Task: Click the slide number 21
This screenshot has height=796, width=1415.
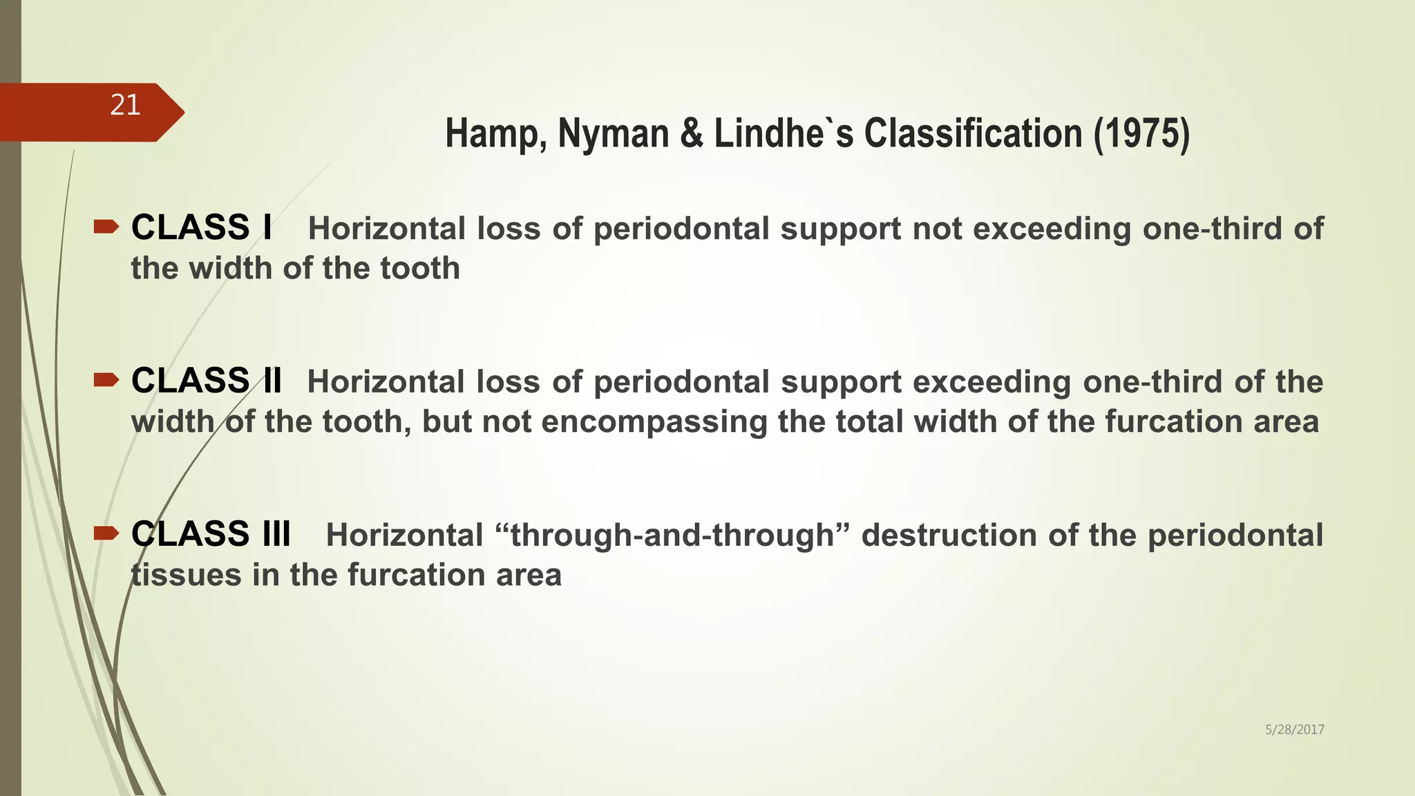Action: [x=125, y=105]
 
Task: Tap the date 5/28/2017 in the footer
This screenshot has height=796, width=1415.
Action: [x=1294, y=730]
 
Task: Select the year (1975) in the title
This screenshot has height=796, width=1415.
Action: [x=1141, y=133]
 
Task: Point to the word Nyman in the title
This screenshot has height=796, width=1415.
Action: [x=613, y=133]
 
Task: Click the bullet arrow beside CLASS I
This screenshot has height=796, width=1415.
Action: [x=106, y=227]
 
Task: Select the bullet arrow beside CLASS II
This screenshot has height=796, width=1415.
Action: [x=106, y=379]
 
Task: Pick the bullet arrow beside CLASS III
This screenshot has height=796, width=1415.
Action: [x=106, y=532]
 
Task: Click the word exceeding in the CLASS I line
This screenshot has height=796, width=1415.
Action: [x=1052, y=229]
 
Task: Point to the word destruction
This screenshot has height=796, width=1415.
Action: [x=949, y=536]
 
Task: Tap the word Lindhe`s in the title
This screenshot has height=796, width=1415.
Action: [x=784, y=133]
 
